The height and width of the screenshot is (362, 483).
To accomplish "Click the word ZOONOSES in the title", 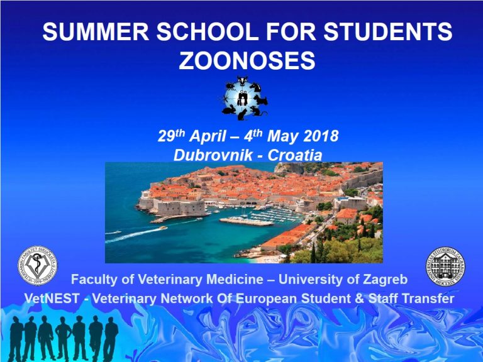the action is (x=247, y=60).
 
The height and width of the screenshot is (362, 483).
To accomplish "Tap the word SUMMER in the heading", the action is (x=96, y=31).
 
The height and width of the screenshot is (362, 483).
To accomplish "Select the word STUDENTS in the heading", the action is (x=388, y=31).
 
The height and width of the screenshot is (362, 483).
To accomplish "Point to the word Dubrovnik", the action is (x=213, y=155).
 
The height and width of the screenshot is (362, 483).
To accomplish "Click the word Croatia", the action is (x=295, y=155).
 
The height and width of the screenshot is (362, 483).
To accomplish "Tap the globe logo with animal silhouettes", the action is (x=245, y=98).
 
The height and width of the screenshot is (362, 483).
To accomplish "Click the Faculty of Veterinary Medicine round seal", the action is (x=38, y=266).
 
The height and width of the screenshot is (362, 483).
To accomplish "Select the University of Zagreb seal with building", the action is (x=445, y=266).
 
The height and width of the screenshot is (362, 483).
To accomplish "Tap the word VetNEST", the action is (x=52, y=299).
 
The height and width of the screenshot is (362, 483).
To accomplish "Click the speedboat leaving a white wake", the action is (x=162, y=228).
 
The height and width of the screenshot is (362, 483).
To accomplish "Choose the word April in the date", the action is (x=208, y=136).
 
